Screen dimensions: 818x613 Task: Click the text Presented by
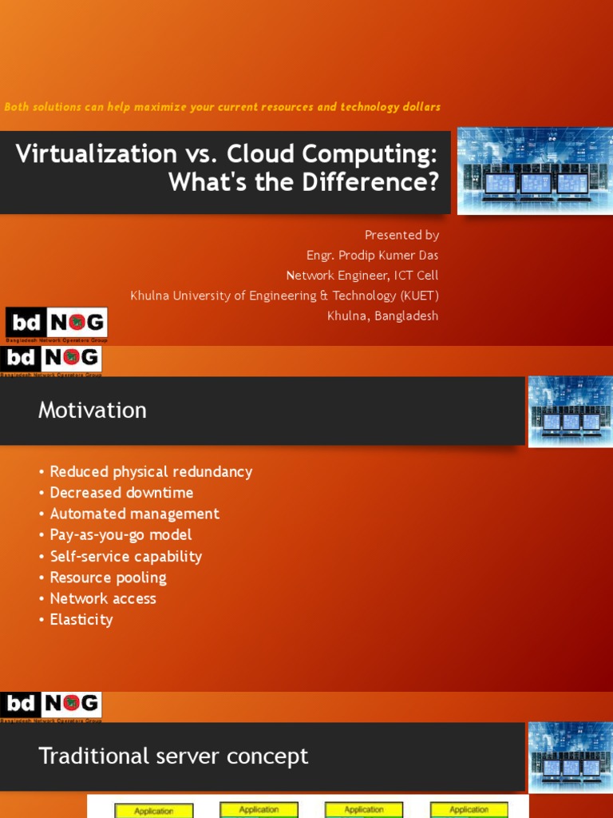click(401, 235)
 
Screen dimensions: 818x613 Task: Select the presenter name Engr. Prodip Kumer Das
click(373, 256)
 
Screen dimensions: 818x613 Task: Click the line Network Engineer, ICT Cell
click(362, 276)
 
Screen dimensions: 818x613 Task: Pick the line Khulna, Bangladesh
click(382, 316)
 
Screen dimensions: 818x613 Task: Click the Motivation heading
click(93, 411)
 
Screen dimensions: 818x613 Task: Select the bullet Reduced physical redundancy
click(151, 472)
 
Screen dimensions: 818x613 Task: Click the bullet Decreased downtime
click(121, 493)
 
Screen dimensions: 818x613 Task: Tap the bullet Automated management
click(134, 514)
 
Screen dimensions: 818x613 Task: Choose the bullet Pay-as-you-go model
click(121, 534)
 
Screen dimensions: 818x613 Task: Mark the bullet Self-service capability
click(125, 556)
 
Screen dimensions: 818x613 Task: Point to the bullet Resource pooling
click(108, 577)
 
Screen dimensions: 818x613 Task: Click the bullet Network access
click(103, 598)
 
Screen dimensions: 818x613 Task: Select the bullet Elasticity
click(81, 619)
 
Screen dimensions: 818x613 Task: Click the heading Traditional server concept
click(173, 756)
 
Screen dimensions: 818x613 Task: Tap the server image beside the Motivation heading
click(570, 411)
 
